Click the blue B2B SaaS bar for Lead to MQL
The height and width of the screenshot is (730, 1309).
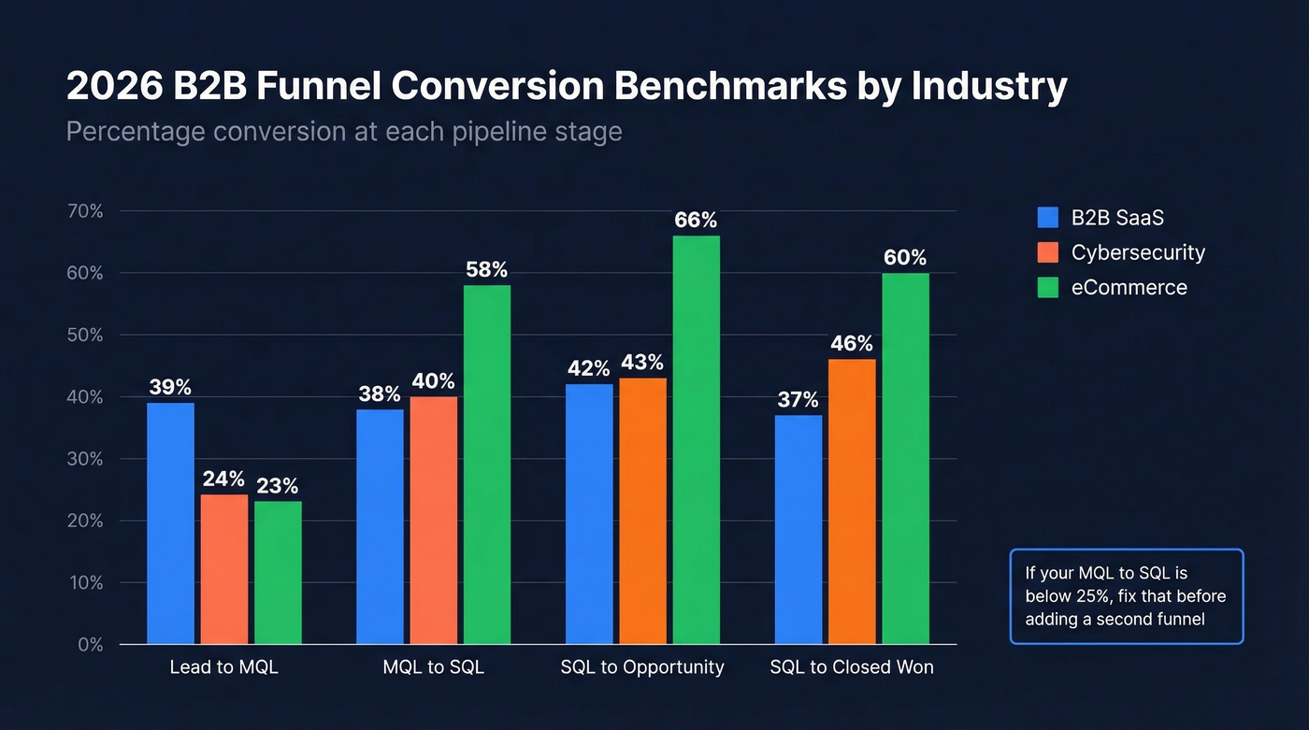tap(170, 523)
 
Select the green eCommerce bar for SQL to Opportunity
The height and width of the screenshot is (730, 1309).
tap(696, 439)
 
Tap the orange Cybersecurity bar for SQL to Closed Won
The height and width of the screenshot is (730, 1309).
tap(852, 501)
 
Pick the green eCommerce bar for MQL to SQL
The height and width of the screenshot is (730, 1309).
tap(486, 465)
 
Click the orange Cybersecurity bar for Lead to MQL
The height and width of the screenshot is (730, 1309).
tap(224, 569)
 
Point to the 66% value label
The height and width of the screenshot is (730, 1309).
tap(696, 221)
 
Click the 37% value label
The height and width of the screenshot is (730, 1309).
tap(798, 400)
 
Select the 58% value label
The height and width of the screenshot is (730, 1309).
tap(486, 270)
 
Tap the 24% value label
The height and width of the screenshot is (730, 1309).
tap(224, 480)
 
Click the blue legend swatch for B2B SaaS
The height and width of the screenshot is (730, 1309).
tap(1048, 218)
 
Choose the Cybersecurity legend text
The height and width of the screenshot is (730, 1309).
tap(1138, 252)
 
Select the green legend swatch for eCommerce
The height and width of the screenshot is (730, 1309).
tap(1048, 287)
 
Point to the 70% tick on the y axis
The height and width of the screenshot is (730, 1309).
tap(84, 211)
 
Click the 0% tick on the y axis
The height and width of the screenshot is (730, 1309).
tap(84, 645)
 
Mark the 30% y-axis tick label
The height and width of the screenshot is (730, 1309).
tap(84, 459)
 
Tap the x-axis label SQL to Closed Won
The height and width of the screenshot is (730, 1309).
tap(852, 667)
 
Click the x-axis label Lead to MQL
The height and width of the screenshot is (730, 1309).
tap(224, 667)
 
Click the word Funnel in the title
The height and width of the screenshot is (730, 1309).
tap(319, 87)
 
